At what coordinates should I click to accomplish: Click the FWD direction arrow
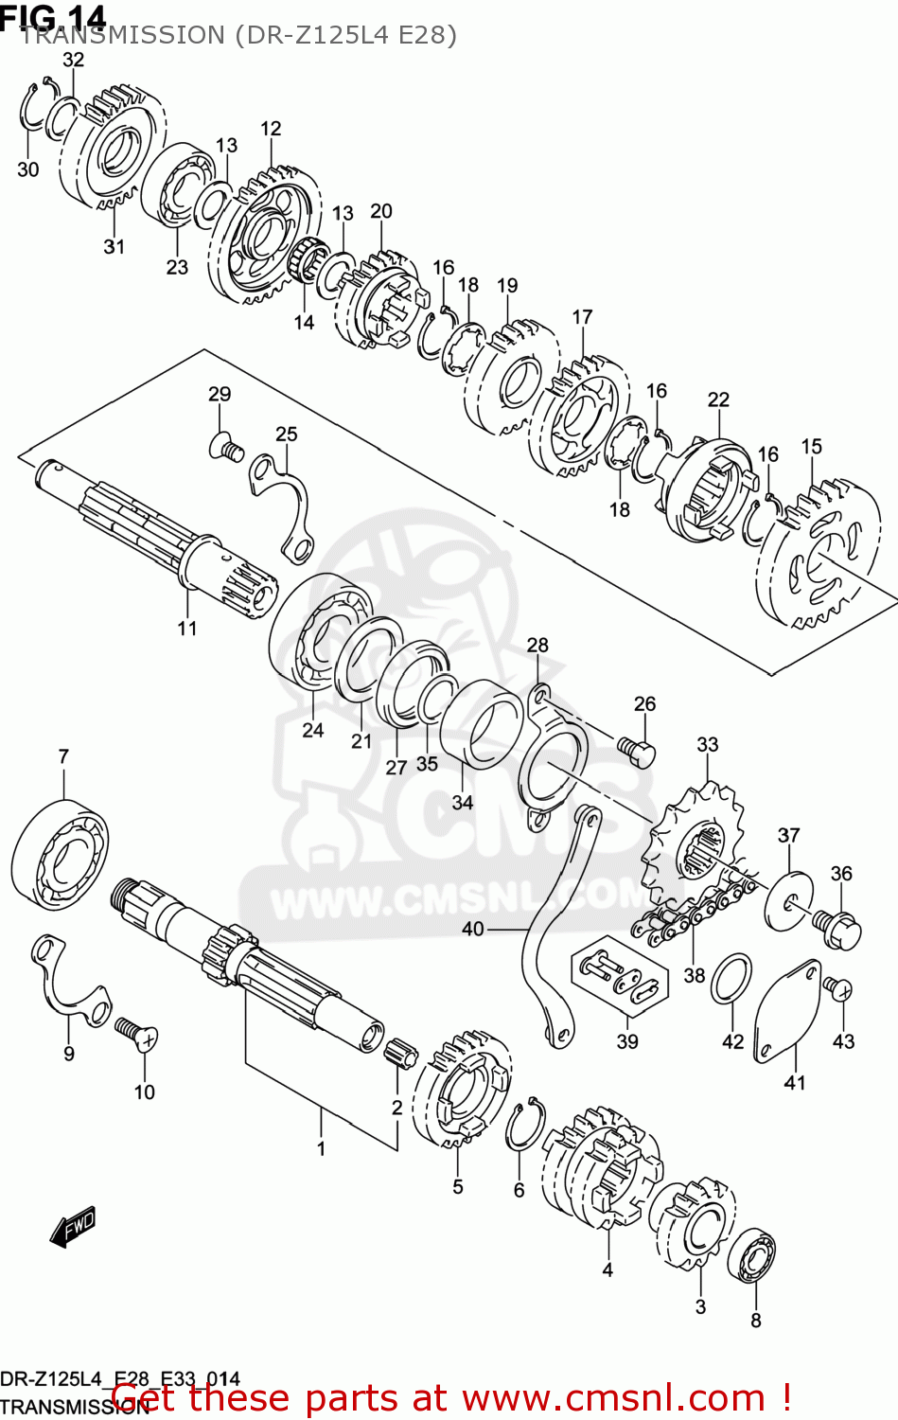point(74,1227)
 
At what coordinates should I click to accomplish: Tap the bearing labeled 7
point(60,854)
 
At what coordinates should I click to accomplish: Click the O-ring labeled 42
point(731,979)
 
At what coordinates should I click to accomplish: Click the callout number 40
point(472,929)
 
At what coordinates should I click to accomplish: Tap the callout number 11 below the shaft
point(187,628)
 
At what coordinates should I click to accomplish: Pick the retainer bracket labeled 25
point(284,506)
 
